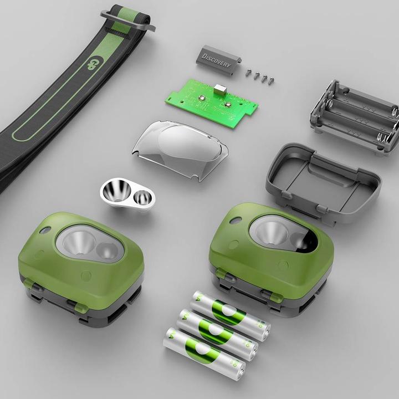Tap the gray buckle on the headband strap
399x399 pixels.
(x=128, y=20)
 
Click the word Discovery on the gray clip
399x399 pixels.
(x=216, y=60)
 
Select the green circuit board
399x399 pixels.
(x=213, y=100)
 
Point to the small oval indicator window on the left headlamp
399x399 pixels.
(x=45, y=229)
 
